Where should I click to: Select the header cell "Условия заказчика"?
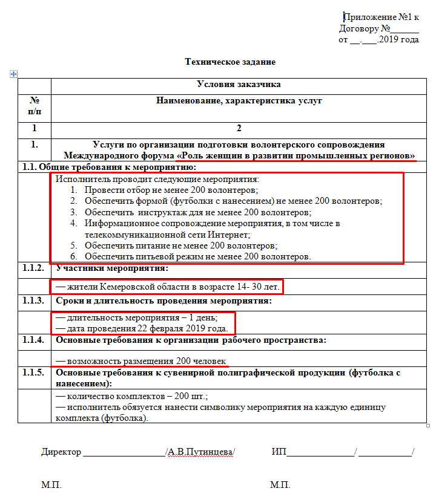239,85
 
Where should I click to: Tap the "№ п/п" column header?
35,106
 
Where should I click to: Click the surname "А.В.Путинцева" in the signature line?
200,452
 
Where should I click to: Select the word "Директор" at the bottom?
61,452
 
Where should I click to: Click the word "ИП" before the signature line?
279,452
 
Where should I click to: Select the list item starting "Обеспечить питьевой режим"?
197,256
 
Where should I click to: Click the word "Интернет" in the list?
231,234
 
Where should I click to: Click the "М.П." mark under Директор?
51,486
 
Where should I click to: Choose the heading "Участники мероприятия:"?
112,268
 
